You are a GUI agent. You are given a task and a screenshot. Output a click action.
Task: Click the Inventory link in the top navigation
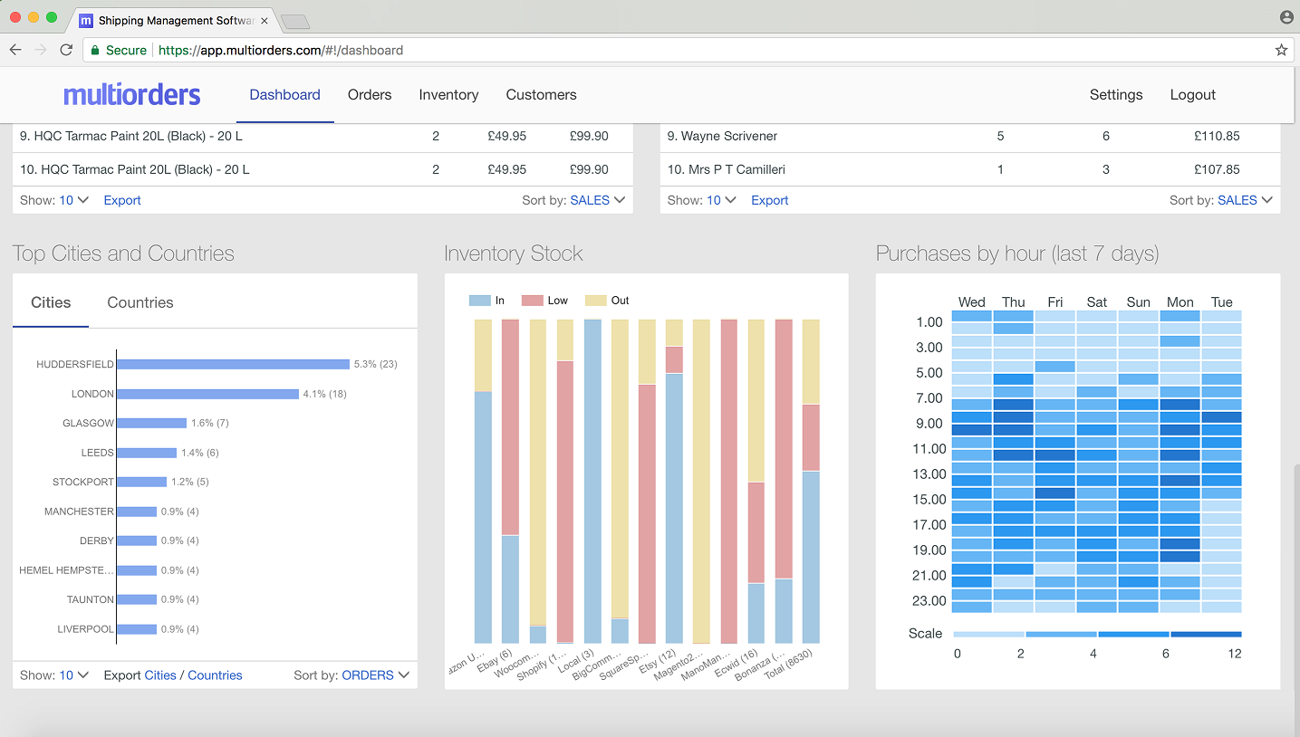tap(448, 95)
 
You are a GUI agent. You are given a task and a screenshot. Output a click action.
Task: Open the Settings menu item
tap(1115, 95)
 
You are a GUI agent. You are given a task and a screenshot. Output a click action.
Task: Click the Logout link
tap(1192, 95)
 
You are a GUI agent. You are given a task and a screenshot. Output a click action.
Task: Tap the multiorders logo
tap(132, 95)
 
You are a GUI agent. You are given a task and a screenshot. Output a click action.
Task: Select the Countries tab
tap(140, 302)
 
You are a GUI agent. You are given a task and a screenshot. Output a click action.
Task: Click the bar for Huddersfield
tap(233, 364)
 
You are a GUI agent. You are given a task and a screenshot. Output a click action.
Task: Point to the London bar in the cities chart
tap(207, 394)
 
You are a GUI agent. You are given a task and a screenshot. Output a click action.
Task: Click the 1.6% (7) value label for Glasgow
tap(210, 423)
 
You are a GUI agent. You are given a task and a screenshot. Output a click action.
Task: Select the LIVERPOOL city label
tap(85, 629)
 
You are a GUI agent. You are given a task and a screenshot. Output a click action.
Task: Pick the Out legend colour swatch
tap(595, 301)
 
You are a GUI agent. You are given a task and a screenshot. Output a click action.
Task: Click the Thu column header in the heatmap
tap(1013, 302)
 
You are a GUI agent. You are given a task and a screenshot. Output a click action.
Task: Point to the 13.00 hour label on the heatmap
tap(929, 474)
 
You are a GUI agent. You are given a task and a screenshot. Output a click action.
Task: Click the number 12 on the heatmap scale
tap(1234, 654)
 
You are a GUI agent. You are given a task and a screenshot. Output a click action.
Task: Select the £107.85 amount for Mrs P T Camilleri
tap(1217, 169)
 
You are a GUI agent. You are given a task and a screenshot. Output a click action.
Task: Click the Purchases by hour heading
tap(1017, 254)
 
